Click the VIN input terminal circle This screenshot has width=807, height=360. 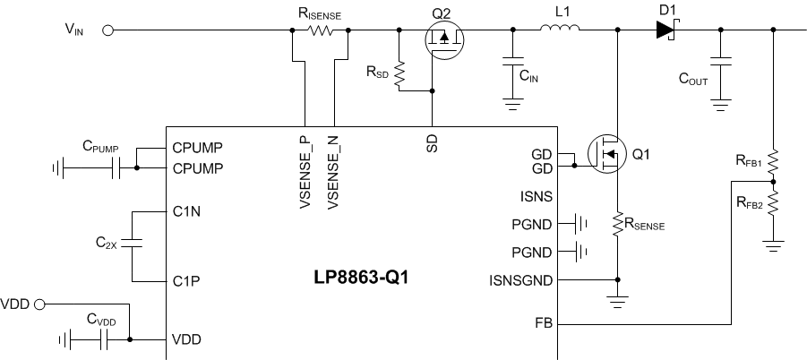[x=108, y=30]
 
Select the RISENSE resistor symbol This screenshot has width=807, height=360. [x=320, y=30]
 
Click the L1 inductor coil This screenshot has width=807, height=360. [x=560, y=30]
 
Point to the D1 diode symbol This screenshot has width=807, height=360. [x=664, y=30]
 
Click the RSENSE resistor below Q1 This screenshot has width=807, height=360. [x=617, y=223]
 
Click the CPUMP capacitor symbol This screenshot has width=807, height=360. [x=115, y=167]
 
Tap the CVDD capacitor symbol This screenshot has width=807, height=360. [x=106, y=339]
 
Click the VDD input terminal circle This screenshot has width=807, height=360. [x=39, y=304]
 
